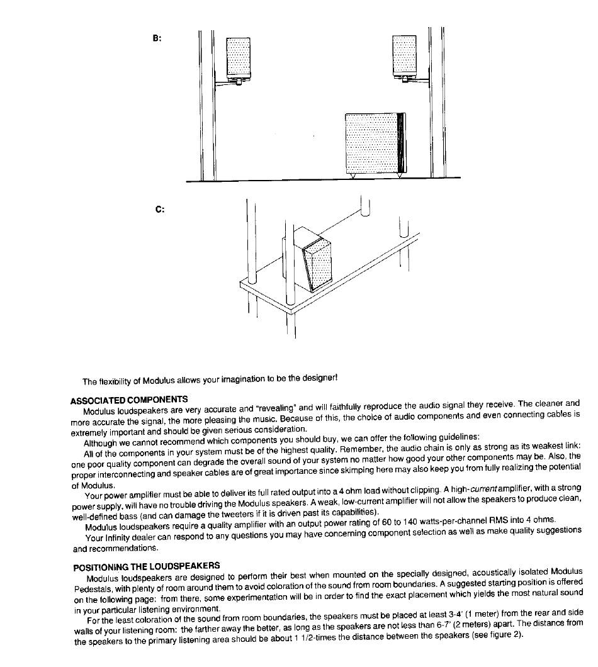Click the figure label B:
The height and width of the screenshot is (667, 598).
tap(157, 38)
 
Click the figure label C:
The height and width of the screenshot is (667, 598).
tap(160, 210)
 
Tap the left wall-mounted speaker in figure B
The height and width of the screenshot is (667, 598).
tap(239, 59)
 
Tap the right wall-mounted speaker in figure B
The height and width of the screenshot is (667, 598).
tap(404, 57)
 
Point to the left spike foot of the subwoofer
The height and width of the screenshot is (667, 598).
tap(353, 176)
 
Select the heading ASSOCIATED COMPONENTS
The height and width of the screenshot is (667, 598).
tap(129, 400)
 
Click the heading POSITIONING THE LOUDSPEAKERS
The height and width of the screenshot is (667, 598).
tap(147, 567)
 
